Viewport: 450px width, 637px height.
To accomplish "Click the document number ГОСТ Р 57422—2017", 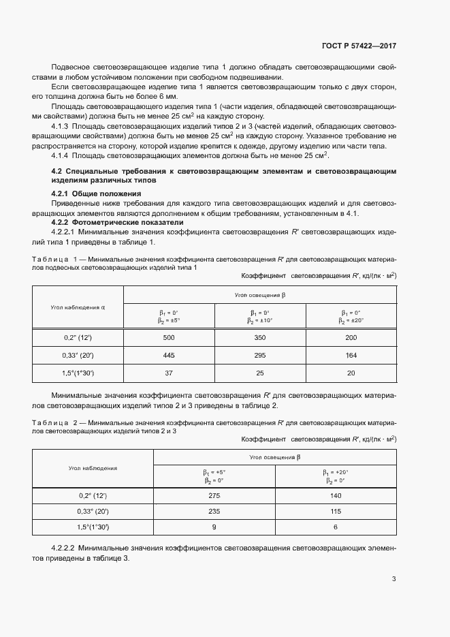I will tap(359, 46).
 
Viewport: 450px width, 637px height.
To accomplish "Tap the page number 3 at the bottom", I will tap(394, 579).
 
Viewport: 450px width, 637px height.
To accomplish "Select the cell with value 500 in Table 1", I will tap(169, 337).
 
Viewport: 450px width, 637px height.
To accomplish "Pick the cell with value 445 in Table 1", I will tap(169, 355).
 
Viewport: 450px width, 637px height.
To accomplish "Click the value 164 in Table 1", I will tap(351, 355).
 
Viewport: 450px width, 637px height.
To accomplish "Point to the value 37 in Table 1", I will tap(169, 373).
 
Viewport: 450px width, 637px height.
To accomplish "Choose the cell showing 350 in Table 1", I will tap(260, 337).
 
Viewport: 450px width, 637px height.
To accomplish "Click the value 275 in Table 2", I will tap(214, 497).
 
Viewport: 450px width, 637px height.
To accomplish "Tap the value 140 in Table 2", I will tap(336, 497).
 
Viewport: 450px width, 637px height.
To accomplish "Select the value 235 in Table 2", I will tap(214, 511).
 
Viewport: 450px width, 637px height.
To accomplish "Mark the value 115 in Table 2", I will tap(336, 511).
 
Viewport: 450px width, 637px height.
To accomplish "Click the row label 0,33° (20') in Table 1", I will tap(78, 355).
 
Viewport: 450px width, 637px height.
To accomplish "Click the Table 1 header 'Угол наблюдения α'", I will tap(78, 307).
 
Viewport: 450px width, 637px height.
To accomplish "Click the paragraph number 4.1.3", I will tap(63, 127).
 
